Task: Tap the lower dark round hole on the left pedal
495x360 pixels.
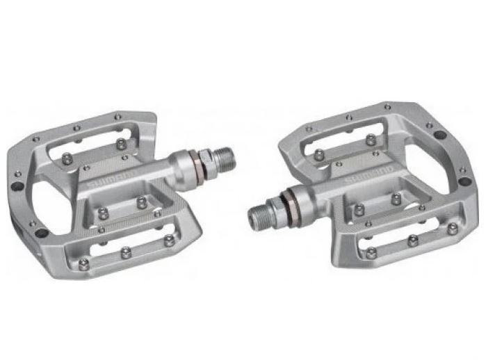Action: [42, 232]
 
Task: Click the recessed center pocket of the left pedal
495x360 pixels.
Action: [125, 208]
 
